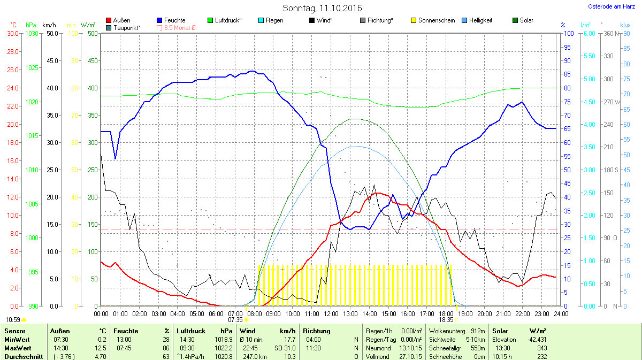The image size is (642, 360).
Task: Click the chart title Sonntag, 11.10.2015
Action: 322,8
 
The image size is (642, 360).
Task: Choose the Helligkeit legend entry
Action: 480,20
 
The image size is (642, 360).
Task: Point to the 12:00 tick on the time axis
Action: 331,313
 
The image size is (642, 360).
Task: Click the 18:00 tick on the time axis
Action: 446,313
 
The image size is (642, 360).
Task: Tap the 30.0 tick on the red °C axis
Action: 13,33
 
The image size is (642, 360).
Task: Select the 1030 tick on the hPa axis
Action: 32,33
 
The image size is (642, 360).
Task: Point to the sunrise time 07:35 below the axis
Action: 235,319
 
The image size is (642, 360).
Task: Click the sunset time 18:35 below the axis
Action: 446,319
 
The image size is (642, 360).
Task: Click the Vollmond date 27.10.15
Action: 411,357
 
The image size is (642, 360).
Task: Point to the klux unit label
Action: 625,25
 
